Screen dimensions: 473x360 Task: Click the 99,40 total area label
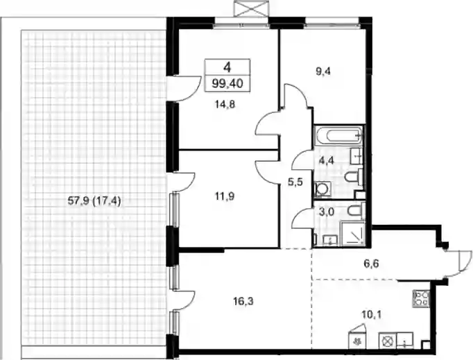227,83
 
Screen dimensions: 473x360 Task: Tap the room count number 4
227,67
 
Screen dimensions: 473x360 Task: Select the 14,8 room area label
225,105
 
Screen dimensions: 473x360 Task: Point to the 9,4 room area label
322,71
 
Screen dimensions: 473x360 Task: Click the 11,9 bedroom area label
225,196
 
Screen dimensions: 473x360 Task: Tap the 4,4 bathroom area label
327,160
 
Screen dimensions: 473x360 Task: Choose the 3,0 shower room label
326,212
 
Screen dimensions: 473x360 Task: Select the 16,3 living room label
243,301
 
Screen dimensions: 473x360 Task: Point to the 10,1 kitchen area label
372,316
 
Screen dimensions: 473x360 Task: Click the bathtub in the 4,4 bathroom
338,135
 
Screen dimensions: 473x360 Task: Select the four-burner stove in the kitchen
421,298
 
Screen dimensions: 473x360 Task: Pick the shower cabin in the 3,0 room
352,234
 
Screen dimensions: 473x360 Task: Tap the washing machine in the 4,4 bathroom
322,189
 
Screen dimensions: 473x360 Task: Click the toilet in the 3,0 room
355,210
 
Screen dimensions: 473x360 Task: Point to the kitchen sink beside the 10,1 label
405,341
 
